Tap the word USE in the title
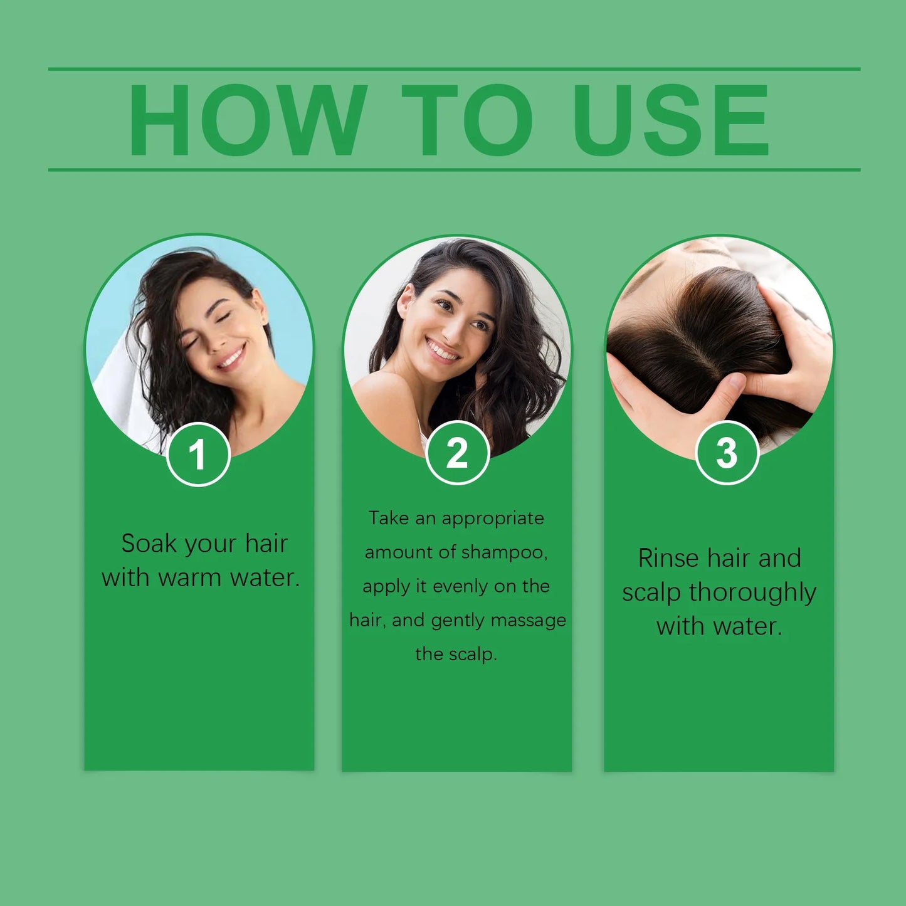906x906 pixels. coord(671,120)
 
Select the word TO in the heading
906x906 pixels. coord(467,120)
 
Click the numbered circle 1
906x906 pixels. coord(198,455)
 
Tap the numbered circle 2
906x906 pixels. coord(457,453)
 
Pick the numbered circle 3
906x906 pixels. coord(727,453)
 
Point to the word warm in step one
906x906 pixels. coord(190,577)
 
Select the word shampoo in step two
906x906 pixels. coord(504,552)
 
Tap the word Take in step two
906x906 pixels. coord(388,519)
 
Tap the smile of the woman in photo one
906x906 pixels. coord(231,359)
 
